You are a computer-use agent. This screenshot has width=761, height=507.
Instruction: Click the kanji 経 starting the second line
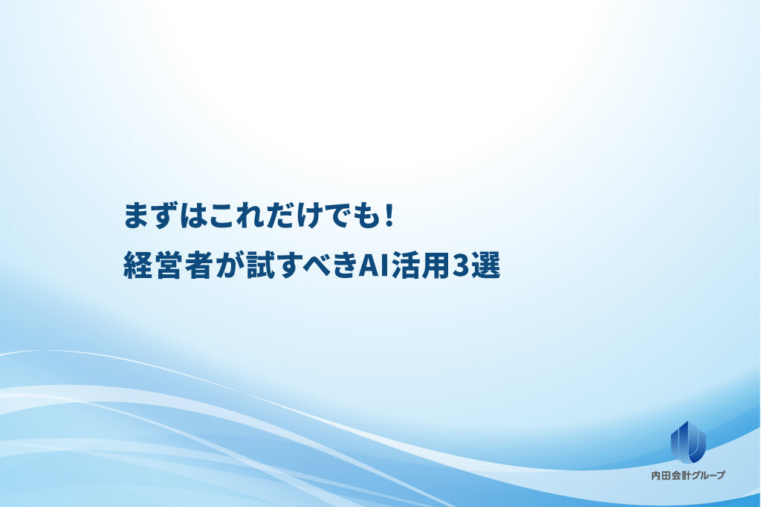138,265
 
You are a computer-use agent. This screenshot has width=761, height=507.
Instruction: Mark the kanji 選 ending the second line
485,265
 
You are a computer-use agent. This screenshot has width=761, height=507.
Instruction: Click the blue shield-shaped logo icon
688,442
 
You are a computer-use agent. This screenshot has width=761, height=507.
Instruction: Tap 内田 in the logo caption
661,476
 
